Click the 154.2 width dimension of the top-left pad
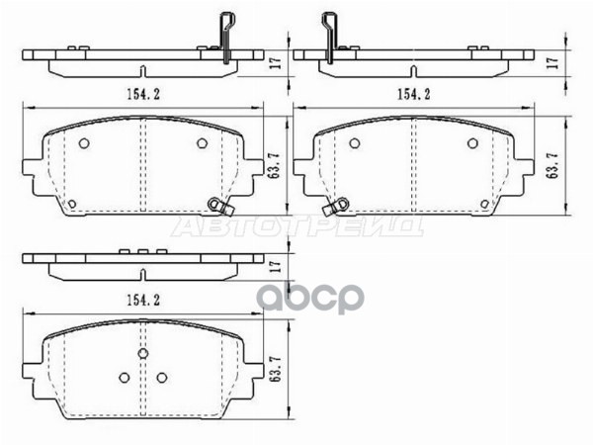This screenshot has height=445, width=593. tap(144, 94)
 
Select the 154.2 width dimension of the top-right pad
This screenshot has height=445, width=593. tap(413, 94)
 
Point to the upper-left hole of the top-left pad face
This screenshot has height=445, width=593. tap(84, 144)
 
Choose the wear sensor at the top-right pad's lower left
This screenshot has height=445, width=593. tap(339, 205)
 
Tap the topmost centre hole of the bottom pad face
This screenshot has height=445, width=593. tap(144, 354)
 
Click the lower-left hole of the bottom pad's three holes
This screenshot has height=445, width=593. tap(124, 376)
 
